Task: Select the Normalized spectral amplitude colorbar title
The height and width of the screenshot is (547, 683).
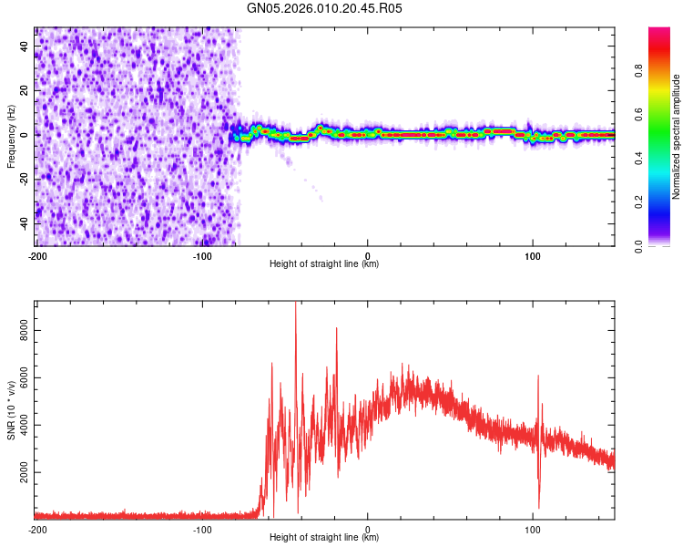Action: coord(676,137)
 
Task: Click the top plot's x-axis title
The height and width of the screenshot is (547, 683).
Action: coord(324,263)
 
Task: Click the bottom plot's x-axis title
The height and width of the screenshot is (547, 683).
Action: coord(324,537)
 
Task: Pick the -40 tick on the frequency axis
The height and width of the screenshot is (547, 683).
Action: coord(24,223)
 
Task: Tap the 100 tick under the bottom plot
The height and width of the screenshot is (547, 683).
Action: coord(532,528)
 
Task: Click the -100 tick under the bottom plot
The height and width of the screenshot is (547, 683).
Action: coord(202,528)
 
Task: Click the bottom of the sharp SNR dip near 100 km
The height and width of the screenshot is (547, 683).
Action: coord(539,507)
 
